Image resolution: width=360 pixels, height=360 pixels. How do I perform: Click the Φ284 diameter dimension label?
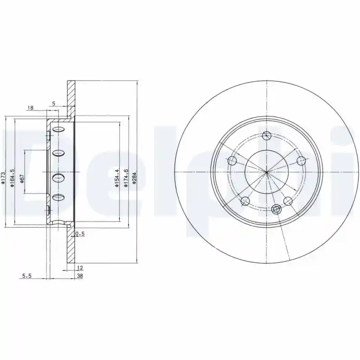click(135, 178)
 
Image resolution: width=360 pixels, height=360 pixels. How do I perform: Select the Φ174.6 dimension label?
click(126, 178)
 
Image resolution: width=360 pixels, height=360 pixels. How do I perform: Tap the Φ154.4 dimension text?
click(117, 178)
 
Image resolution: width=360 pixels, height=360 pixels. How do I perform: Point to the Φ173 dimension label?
click(3, 178)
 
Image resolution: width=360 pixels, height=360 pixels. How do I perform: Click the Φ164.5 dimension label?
click(13, 178)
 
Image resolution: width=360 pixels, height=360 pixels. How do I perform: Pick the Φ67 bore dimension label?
click(22, 178)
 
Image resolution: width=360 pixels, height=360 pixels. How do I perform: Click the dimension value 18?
click(31, 108)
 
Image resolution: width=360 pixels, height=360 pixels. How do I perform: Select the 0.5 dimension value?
click(80, 234)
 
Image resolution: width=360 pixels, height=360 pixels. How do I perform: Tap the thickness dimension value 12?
click(80, 268)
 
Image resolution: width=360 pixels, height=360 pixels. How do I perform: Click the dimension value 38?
click(80, 276)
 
